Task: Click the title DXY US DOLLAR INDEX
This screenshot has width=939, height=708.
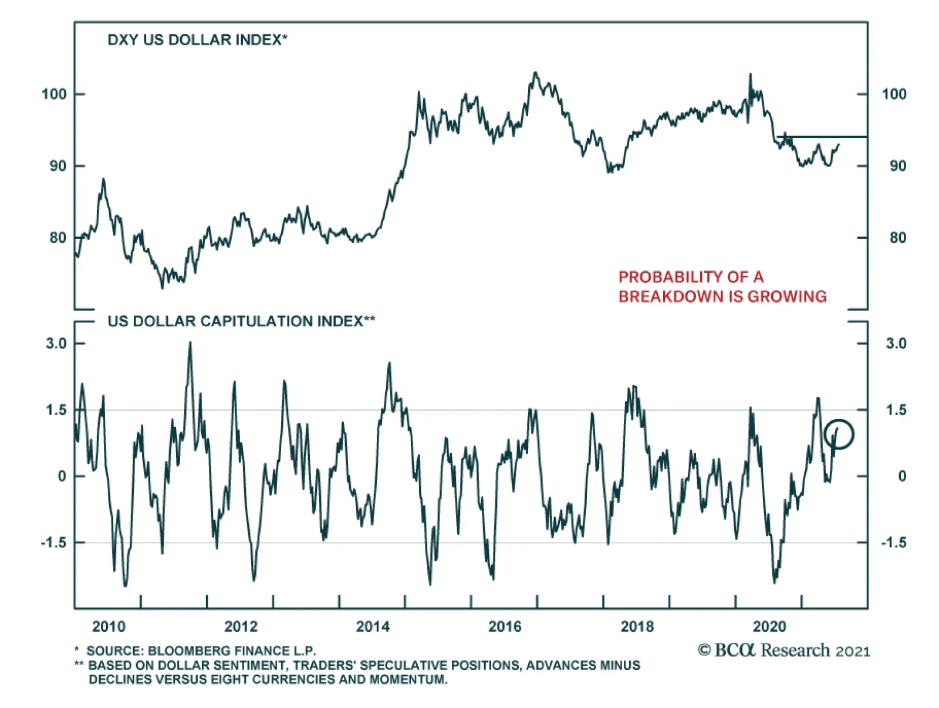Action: (x=197, y=40)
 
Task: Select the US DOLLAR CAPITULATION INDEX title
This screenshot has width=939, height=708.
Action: (x=241, y=321)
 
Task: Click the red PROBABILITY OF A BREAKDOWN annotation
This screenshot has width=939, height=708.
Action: (x=722, y=286)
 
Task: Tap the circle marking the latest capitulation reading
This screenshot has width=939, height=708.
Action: (x=839, y=435)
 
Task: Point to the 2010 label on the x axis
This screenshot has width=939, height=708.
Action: (x=109, y=627)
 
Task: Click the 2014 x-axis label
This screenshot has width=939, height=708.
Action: (x=373, y=627)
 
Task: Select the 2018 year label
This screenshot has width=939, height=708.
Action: (x=637, y=627)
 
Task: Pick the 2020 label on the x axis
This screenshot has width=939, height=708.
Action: (x=769, y=627)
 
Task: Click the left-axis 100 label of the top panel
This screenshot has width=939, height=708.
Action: (x=54, y=94)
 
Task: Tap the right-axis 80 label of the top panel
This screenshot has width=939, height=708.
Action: (x=897, y=238)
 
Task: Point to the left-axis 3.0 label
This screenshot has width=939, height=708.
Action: (x=56, y=344)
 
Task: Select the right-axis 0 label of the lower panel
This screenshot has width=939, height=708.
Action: (x=901, y=476)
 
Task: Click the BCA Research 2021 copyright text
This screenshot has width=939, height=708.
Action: (x=783, y=651)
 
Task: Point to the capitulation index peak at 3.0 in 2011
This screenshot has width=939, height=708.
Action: (x=190, y=343)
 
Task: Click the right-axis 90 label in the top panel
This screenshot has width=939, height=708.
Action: (x=897, y=166)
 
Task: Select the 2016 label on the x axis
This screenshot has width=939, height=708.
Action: (x=505, y=627)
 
